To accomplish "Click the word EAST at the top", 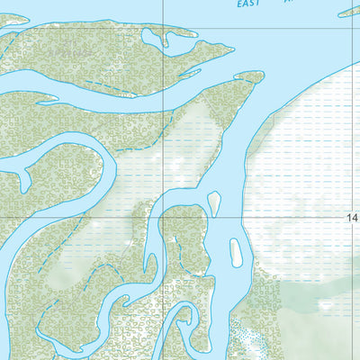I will (249, 4).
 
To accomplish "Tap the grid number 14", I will (353, 218).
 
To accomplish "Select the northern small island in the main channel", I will (214, 202).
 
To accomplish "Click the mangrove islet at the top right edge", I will (349, 12).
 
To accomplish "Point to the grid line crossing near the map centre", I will (163, 217).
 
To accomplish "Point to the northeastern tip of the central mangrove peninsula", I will (257, 77).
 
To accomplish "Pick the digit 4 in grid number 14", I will (355, 218).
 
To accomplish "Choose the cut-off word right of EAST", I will (289, 3).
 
